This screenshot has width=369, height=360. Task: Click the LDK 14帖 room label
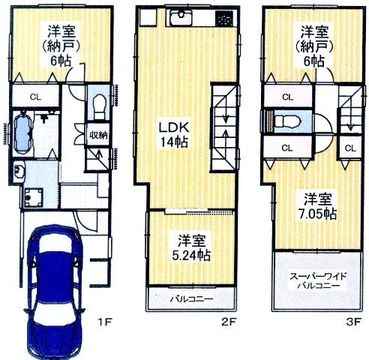(172, 132)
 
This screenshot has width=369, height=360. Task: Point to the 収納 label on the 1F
(97, 136)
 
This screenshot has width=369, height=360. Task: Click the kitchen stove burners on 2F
(223, 17)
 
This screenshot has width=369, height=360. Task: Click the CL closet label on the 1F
(35, 97)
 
